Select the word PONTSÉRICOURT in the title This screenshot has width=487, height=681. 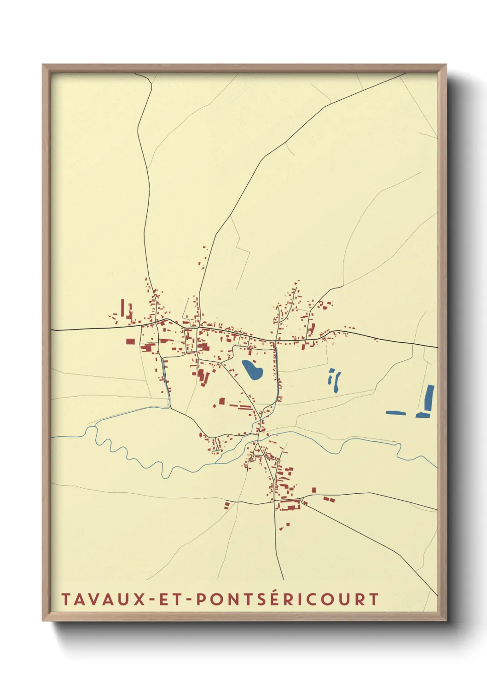point(287,600)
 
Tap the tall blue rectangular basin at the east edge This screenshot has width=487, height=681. point(429,398)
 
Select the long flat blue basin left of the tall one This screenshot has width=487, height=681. point(396,413)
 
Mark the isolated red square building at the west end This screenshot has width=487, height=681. point(131,341)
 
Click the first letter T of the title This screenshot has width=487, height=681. point(65,600)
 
